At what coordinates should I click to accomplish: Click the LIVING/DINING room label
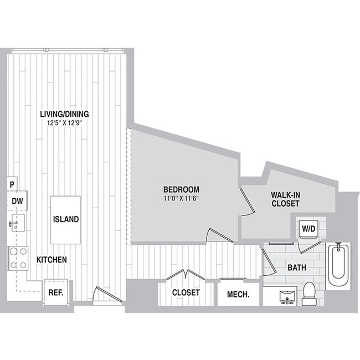tap(64, 114)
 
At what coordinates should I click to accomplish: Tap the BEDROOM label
tap(181, 189)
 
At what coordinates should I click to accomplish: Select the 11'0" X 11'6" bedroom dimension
tap(181, 198)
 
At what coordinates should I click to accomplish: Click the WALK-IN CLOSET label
tap(285, 199)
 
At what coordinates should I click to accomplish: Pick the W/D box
tap(307, 228)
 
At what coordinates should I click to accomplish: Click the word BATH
tap(297, 268)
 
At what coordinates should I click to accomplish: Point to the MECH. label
tap(238, 294)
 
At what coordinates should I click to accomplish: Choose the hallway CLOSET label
tap(186, 292)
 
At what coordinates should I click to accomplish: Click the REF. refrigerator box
tap(55, 291)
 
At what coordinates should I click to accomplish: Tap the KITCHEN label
tap(52, 259)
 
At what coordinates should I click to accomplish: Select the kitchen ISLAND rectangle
tap(66, 219)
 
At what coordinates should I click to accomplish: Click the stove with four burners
tap(18, 258)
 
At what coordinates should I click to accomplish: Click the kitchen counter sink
tap(17, 225)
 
